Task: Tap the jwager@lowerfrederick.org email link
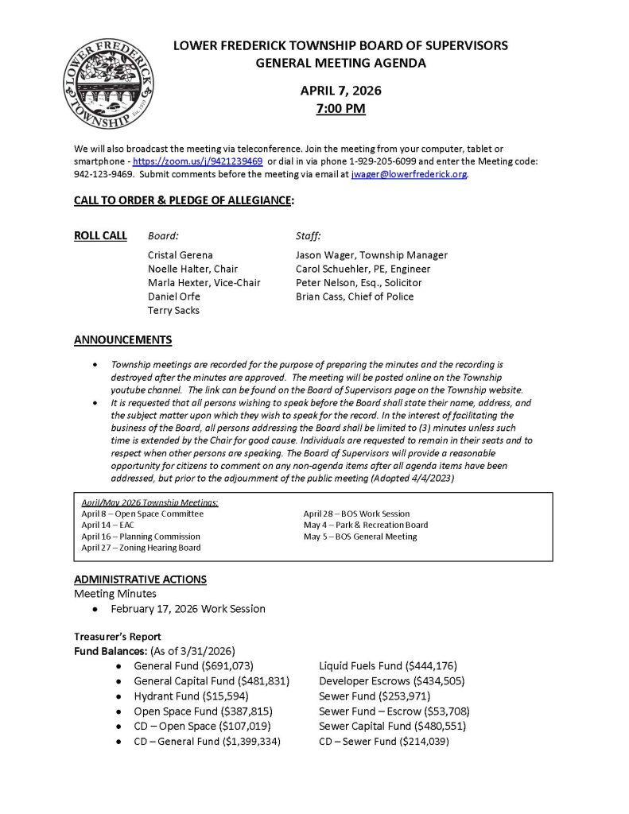click(x=409, y=173)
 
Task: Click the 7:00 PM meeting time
click(x=340, y=108)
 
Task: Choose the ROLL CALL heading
click(x=100, y=235)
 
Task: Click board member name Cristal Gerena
click(x=181, y=255)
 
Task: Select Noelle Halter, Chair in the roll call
click(x=192, y=269)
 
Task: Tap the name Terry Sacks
click(x=173, y=311)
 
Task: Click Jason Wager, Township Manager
click(x=371, y=255)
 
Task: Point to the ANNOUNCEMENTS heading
click(x=122, y=340)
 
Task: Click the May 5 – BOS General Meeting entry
click(x=359, y=537)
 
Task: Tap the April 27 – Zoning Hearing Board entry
click(x=141, y=548)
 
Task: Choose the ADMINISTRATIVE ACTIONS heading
click(x=140, y=579)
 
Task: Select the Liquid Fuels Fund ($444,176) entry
click(x=387, y=665)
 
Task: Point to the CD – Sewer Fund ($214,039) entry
click(x=383, y=741)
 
